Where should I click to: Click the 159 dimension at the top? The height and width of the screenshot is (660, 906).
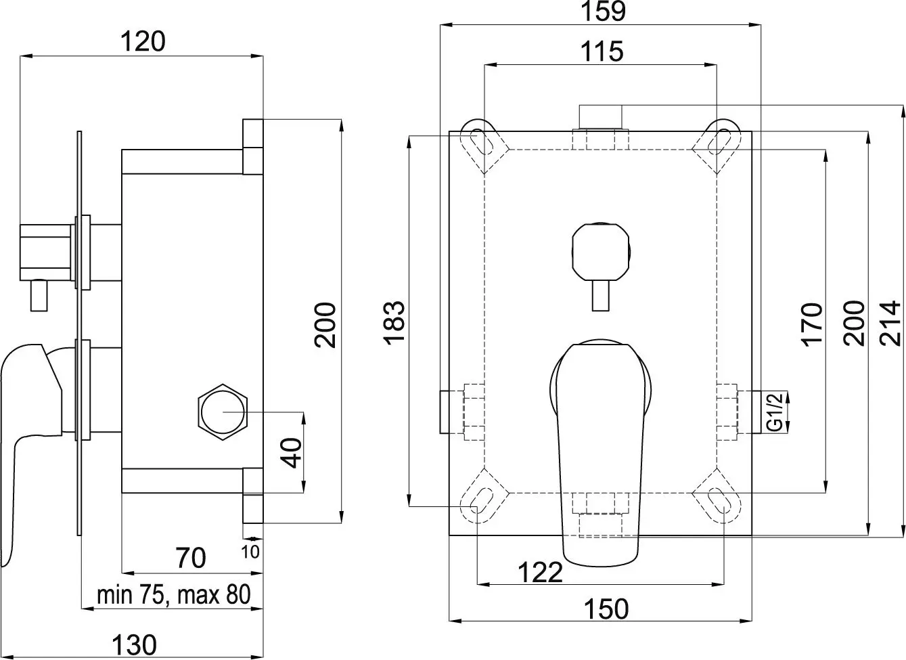[x=601, y=12]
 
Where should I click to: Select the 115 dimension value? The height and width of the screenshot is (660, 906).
[x=601, y=51]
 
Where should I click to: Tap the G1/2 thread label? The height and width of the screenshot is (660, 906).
[x=775, y=412]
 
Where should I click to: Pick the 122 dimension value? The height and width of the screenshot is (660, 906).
[x=540, y=572]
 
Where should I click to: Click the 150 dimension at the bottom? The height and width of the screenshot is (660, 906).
[x=606, y=609]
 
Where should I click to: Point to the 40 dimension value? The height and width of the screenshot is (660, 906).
[x=292, y=452]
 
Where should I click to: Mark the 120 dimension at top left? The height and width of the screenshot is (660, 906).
[x=142, y=42]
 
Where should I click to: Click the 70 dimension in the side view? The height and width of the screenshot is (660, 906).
[x=190, y=558]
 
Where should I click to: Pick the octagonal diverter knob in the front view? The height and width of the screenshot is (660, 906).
[x=600, y=250]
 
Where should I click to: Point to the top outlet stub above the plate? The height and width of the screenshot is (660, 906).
[x=601, y=117]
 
